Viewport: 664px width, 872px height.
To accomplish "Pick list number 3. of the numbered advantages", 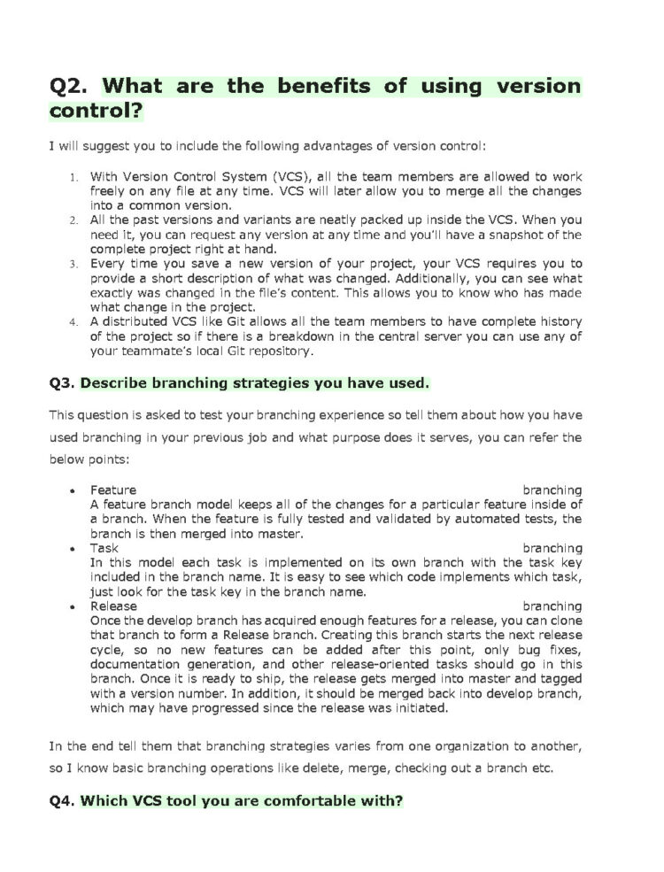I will point(75,264).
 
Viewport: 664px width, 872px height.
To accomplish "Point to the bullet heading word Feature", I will point(113,490).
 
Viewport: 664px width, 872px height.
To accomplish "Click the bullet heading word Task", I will point(104,548).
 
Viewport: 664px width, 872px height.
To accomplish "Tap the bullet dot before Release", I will point(72,606).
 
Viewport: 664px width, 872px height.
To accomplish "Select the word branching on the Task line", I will point(552,548).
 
